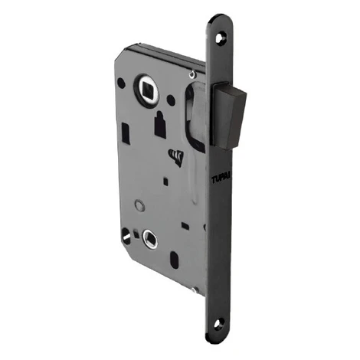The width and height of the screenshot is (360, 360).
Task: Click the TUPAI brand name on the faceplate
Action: [x=221, y=178]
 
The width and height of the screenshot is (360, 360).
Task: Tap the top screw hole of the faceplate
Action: [x=221, y=38]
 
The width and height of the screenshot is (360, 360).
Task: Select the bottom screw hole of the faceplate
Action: [x=219, y=324]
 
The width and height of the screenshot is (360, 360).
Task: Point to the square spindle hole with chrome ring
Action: [x=149, y=89]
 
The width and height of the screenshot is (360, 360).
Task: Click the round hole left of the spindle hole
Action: [x=121, y=83]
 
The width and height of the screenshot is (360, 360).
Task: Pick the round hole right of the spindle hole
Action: [x=171, y=100]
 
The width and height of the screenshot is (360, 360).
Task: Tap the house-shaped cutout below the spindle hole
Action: [x=160, y=125]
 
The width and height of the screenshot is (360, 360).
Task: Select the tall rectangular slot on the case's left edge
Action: [x=126, y=133]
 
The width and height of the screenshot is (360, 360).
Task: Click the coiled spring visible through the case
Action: [x=176, y=158]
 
